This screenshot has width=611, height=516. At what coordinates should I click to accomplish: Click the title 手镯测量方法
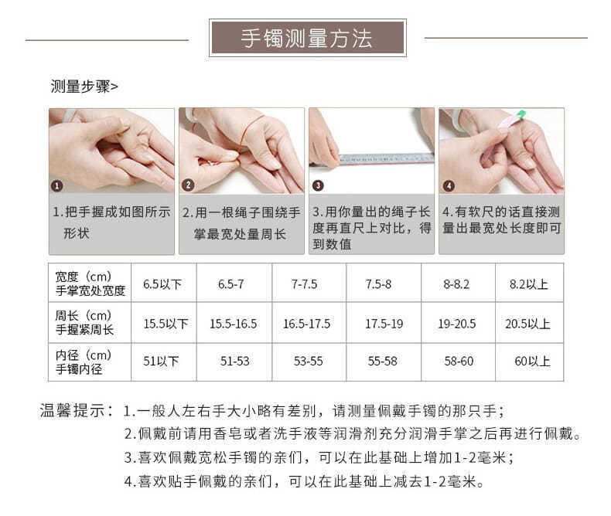click(x=307, y=38)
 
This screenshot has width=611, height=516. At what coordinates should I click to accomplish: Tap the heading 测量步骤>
click(x=84, y=86)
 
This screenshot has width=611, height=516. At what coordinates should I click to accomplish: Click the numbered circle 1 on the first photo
click(x=57, y=185)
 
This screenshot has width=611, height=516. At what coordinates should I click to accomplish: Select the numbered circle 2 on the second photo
click(x=187, y=185)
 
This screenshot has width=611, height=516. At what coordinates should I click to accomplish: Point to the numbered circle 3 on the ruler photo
click(x=317, y=185)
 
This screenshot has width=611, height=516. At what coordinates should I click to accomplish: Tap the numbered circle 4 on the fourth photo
click(x=448, y=185)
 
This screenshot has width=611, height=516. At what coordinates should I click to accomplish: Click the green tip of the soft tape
click(x=521, y=114)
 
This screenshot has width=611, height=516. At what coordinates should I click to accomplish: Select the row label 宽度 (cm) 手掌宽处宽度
click(x=90, y=283)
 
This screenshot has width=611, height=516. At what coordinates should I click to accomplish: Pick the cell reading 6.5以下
click(x=162, y=284)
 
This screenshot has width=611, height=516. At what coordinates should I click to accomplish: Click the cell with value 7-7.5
click(x=304, y=284)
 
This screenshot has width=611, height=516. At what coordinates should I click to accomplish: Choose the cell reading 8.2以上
click(x=528, y=284)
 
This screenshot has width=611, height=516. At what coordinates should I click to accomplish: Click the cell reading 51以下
click(x=162, y=362)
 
